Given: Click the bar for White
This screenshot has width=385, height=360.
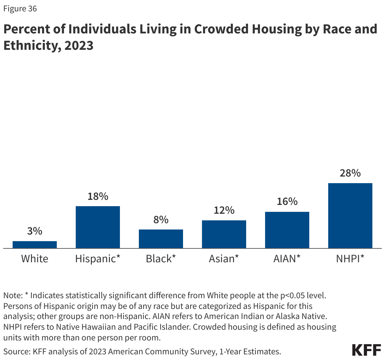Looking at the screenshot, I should point(35,245).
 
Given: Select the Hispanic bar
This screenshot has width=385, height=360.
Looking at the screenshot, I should point(98,227).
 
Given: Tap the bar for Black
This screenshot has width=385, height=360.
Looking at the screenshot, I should point(161,239).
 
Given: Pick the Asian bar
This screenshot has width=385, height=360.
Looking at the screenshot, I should point(224,234).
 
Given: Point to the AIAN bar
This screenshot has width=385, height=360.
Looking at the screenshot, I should point(287,230).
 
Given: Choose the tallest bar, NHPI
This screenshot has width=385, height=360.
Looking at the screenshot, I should point(350,216).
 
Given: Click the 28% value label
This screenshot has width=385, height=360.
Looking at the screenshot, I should point(350,173).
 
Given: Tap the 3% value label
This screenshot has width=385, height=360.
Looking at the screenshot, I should point(35,231).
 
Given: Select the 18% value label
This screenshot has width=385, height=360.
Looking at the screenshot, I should point(98,196).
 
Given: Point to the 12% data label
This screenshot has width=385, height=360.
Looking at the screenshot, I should point(224,210).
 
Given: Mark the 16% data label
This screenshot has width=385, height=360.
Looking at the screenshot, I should point(287,201).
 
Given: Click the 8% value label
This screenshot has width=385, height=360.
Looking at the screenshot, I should point(161,219).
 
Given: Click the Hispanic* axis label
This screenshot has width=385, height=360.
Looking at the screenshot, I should point(98,259).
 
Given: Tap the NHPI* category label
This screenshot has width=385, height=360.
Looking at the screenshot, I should point(350,259).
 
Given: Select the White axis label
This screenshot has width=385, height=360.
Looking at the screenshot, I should point(35,259).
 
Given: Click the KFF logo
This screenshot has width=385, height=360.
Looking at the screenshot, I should point(366,350).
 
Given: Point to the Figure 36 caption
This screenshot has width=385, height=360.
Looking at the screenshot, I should point(20,9).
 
